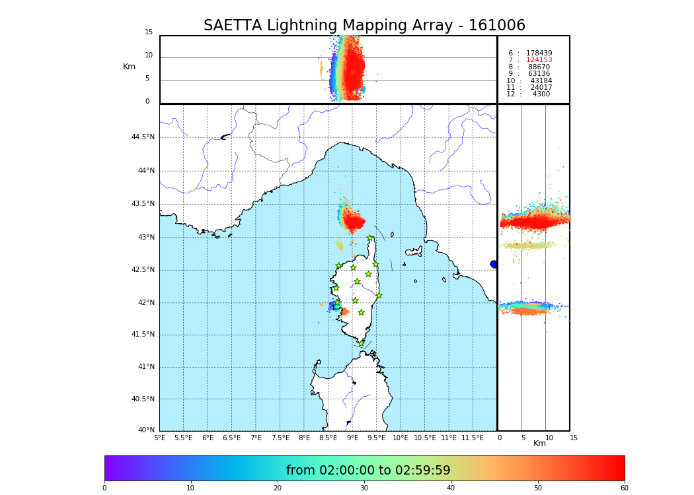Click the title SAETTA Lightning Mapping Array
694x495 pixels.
364,26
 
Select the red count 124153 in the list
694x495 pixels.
539,60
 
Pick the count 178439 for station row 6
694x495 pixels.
539,53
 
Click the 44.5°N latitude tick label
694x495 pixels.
143,137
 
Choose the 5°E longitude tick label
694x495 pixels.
159,438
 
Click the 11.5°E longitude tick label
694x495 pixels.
472,438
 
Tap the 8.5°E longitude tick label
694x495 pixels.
328,438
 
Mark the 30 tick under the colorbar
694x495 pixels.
364,488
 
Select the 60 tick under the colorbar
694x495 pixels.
624,488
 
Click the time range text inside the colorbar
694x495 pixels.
368,471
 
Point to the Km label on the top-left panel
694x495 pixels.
129,67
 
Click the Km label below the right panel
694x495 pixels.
539,444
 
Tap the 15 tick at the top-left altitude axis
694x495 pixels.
149,32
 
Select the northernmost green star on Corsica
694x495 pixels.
370,238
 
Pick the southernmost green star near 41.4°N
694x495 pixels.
361,343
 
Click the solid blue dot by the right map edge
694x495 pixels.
494,264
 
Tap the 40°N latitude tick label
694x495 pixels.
146,430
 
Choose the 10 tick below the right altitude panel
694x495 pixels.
549,438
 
